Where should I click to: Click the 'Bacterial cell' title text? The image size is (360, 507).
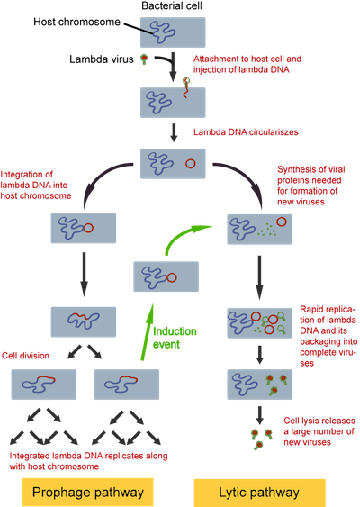click(x=172, y=5)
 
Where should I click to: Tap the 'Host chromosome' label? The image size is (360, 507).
click(x=76, y=22)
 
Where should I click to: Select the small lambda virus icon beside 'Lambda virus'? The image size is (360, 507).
click(x=144, y=59)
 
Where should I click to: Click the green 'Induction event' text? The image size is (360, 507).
click(x=175, y=338)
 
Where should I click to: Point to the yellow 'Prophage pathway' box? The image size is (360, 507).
click(x=87, y=492)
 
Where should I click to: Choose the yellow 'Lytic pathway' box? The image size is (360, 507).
click(x=259, y=493)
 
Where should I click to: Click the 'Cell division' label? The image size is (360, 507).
click(x=26, y=356)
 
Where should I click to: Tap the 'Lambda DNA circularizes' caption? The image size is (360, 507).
click(x=246, y=132)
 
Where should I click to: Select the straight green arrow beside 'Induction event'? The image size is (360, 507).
click(x=146, y=331)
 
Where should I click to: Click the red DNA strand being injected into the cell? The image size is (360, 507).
click(x=185, y=89)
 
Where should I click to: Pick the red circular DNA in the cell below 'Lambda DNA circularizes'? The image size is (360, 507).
click(x=190, y=164)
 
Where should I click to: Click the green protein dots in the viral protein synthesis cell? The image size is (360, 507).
click(x=267, y=230)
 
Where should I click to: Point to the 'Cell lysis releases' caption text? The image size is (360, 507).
click(x=319, y=421)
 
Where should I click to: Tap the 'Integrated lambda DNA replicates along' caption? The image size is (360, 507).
click(x=88, y=456)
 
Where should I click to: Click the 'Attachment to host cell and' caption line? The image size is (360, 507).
click(x=247, y=59)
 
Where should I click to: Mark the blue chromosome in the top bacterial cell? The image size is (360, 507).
click(x=163, y=32)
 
